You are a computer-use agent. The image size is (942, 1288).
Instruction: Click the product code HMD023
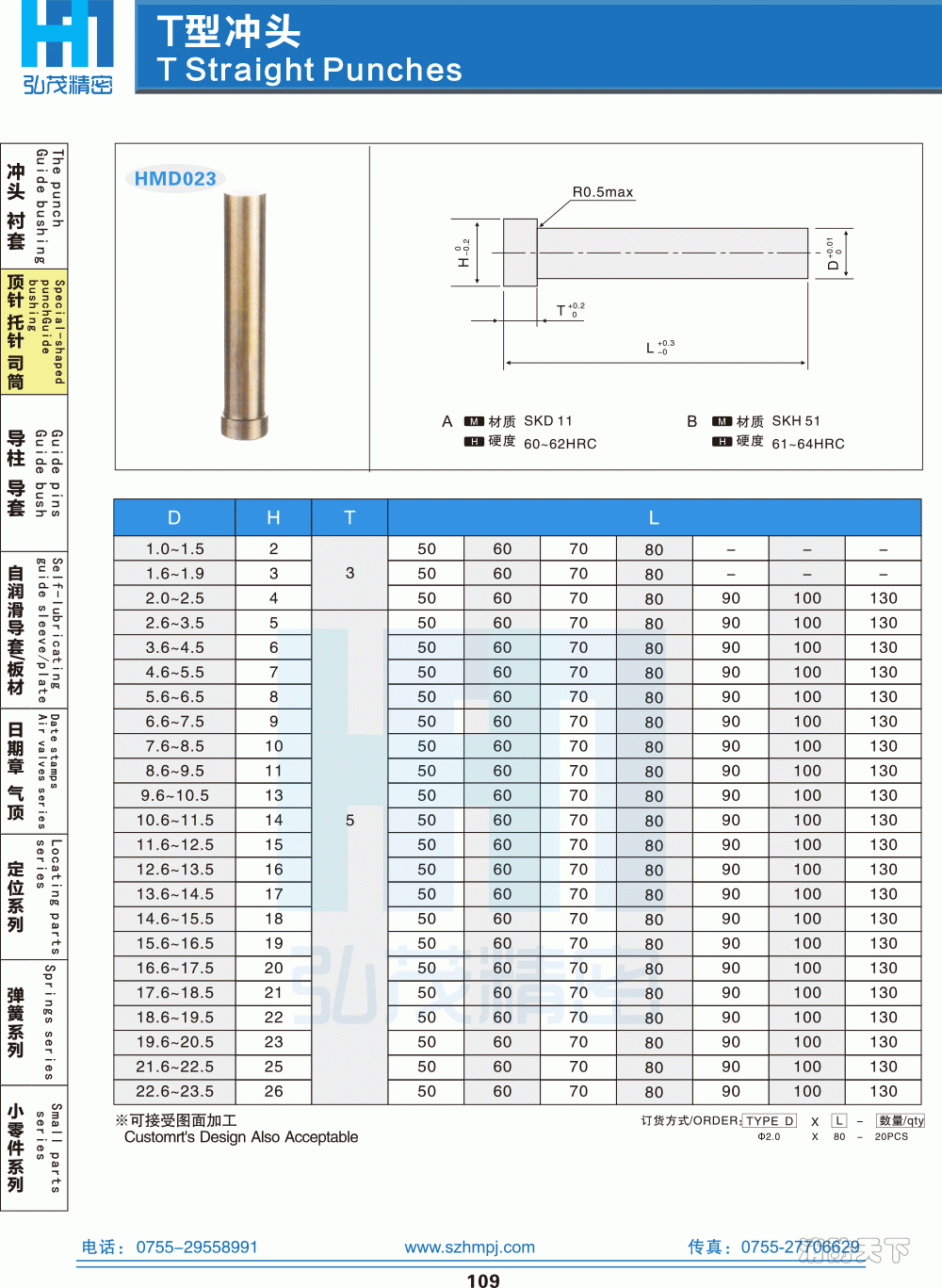click(x=175, y=179)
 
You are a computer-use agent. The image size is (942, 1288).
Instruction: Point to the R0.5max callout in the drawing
click(x=603, y=192)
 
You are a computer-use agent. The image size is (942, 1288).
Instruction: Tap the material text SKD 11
click(x=548, y=421)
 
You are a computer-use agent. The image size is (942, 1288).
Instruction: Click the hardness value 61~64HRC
click(x=808, y=444)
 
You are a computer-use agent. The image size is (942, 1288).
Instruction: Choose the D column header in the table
click(x=174, y=517)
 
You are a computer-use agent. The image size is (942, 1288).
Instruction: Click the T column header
click(x=349, y=517)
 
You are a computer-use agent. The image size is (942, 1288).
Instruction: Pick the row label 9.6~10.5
click(x=175, y=795)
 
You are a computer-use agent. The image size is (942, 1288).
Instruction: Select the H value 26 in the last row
click(x=273, y=1091)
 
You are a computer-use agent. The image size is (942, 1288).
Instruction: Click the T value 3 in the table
click(x=349, y=573)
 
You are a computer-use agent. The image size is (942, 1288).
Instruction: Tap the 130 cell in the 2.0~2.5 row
click(x=883, y=598)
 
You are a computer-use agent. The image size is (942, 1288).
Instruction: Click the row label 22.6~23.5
click(x=175, y=1091)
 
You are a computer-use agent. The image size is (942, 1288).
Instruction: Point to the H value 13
click(x=273, y=795)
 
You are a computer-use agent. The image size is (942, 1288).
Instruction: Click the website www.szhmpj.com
click(x=469, y=1247)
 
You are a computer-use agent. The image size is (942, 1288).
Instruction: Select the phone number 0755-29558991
click(x=197, y=1247)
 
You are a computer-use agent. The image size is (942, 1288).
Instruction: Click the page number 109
click(x=483, y=1280)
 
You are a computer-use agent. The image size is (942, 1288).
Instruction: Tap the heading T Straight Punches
click(x=310, y=70)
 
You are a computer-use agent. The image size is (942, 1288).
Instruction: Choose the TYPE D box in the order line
click(x=770, y=1121)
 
